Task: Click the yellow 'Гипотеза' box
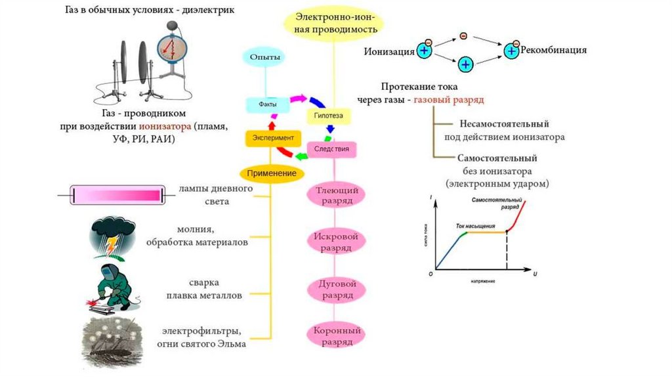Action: point(329,116)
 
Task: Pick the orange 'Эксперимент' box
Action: point(273,138)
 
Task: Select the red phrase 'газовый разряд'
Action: point(449,100)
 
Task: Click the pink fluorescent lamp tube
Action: point(117,194)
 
